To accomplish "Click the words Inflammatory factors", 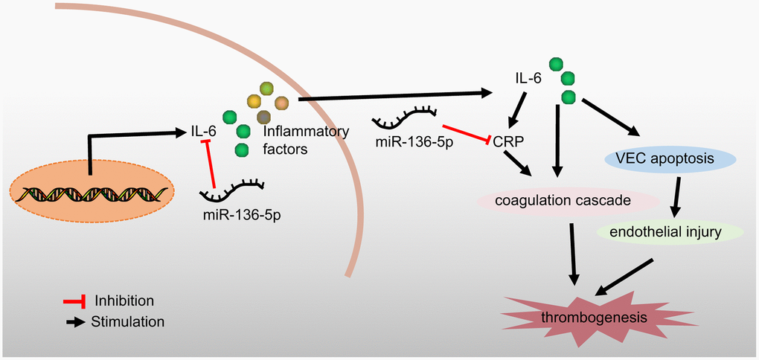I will [x=306, y=141].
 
